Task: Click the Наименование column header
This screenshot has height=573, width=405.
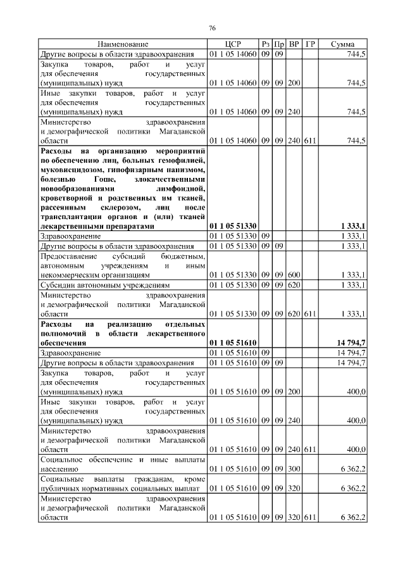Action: coord(123,44)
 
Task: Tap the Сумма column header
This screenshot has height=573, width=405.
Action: coord(342,44)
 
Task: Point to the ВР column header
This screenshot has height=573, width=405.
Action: coord(294,44)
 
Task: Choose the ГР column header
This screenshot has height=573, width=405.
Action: coord(310,44)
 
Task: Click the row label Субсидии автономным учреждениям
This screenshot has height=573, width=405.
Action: coord(104,285)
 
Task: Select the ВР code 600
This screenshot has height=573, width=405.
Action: coord(294,275)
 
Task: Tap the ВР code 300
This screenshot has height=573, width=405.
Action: coord(294,469)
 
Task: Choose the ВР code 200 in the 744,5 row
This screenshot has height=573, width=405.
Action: coord(294,82)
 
